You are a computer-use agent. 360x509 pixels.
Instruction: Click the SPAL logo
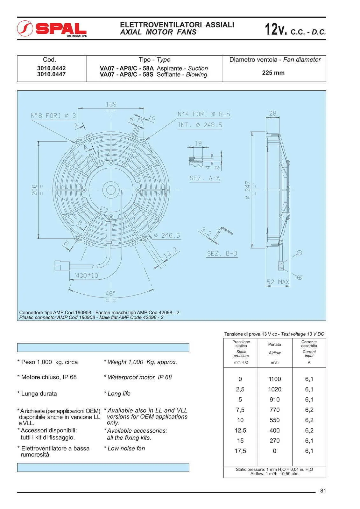pos(52,29)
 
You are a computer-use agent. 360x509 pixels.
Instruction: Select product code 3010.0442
pos(51,68)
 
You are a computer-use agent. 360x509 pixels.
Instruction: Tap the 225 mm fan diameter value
pos(273,73)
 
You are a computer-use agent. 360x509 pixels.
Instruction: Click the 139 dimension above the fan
pos(111,104)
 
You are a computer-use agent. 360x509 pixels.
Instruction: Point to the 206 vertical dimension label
pos(34,190)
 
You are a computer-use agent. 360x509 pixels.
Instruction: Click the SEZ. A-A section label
pos(205,178)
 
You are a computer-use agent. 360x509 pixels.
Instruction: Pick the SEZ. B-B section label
pos(222,254)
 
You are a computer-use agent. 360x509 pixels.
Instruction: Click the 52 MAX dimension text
pos(278,282)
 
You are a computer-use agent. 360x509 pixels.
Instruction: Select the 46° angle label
pos(110,293)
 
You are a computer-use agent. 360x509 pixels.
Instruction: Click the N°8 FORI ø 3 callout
pos(53,116)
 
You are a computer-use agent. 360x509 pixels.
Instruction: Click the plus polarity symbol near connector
pos(300,277)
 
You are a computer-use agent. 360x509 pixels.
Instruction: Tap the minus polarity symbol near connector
pos(299,253)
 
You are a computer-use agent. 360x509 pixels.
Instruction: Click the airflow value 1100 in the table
pos(274,379)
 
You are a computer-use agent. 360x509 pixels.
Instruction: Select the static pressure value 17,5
pos(240,451)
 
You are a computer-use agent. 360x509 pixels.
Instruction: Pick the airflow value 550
pos(274,420)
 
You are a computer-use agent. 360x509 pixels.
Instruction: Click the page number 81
pos(323,491)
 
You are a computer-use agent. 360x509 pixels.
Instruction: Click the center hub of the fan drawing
pos(110,190)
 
